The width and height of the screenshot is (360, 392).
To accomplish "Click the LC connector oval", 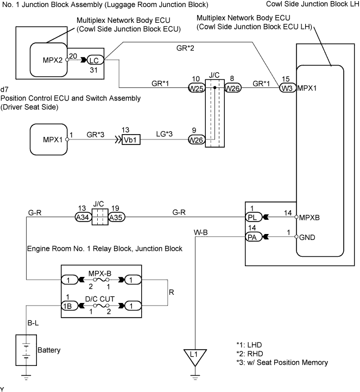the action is (95, 60).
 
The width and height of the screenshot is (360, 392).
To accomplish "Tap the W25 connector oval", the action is (197, 88).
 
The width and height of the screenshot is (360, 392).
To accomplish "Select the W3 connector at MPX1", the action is (287, 88).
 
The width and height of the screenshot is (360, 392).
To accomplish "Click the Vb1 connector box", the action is (131, 140).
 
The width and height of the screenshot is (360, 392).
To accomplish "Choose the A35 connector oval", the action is (117, 217).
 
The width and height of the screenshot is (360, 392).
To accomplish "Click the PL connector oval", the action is (254, 217).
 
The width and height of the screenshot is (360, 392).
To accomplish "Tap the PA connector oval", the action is (254, 237).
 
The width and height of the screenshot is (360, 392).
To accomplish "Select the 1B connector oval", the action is (70, 306).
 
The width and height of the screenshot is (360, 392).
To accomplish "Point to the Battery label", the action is (49, 350).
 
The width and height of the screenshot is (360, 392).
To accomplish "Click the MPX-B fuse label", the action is (100, 273).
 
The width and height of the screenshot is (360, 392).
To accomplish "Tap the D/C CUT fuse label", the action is (100, 299).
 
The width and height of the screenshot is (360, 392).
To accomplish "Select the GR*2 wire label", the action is (185, 48).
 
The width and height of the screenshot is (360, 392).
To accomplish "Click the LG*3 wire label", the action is (164, 134).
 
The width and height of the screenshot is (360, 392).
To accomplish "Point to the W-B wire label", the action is (201, 232).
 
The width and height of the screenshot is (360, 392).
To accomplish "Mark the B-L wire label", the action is (33, 323).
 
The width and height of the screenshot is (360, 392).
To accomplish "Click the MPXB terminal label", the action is (310, 218).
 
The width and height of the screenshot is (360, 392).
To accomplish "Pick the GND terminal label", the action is (307, 237).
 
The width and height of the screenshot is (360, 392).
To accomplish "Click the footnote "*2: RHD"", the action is (249, 354).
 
